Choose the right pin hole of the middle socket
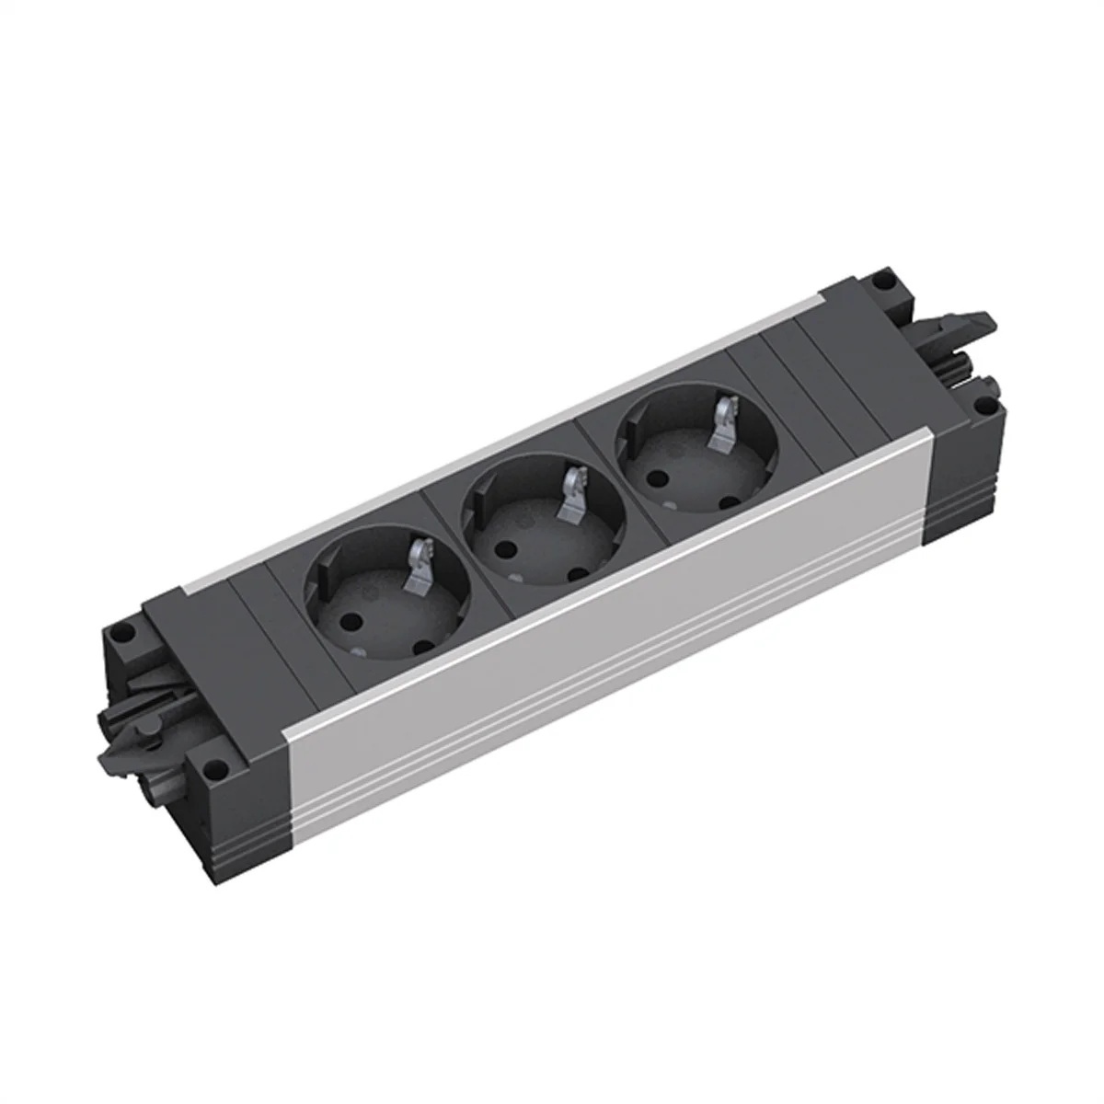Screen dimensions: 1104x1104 click(577, 576)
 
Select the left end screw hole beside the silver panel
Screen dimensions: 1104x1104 click(215, 763)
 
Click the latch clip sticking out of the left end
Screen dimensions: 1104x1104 click(124, 736)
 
